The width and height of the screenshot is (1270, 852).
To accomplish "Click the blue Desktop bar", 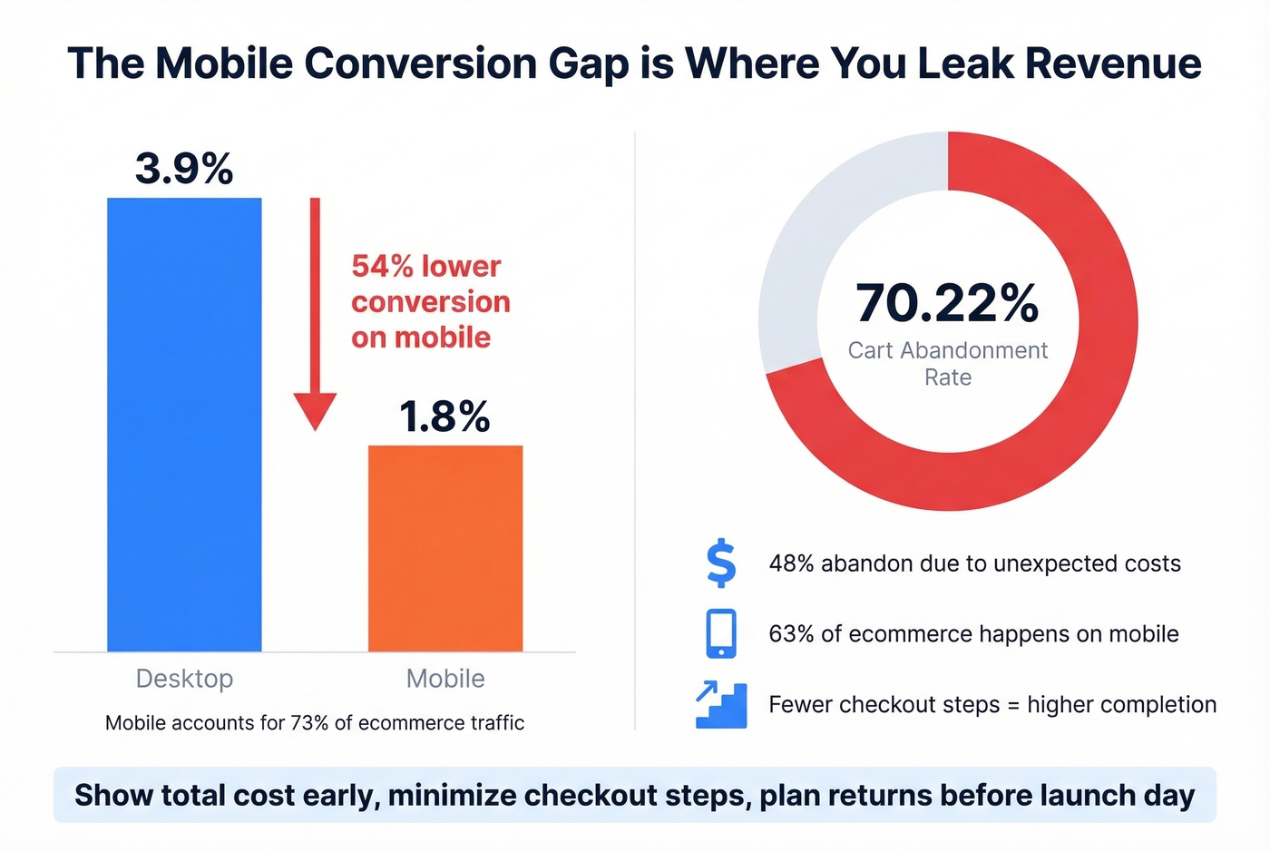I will pyautogui.click(x=184, y=424).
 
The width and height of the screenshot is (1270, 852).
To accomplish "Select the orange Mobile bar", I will pyautogui.click(x=445, y=548).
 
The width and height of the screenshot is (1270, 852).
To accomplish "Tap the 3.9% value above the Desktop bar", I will pyautogui.click(x=184, y=169).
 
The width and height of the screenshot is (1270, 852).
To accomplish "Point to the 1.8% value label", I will pyautogui.click(x=444, y=416).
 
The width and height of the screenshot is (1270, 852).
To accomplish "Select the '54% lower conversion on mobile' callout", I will pyautogui.click(x=430, y=301).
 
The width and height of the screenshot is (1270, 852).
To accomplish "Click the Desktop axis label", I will pyautogui.click(x=184, y=679).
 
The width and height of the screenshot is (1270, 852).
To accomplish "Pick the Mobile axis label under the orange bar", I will pyautogui.click(x=445, y=679).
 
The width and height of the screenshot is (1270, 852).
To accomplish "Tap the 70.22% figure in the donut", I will pyautogui.click(x=947, y=303).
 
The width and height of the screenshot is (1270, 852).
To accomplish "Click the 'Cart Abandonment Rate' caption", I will pyautogui.click(x=948, y=363).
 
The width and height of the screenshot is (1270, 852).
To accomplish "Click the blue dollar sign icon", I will pyautogui.click(x=721, y=563).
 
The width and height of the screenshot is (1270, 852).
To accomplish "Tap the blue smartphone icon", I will pyautogui.click(x=721, y=633).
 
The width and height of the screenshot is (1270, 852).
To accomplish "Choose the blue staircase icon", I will pyautogui.click(x=721, y=705).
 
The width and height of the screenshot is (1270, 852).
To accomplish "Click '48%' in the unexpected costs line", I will pyautogui.click(x=791, y=563).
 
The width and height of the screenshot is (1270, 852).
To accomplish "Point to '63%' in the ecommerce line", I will pyautogui.click(x=791, y=634).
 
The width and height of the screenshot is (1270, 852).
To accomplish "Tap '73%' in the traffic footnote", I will pyautogui.click(x=309, y=723).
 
